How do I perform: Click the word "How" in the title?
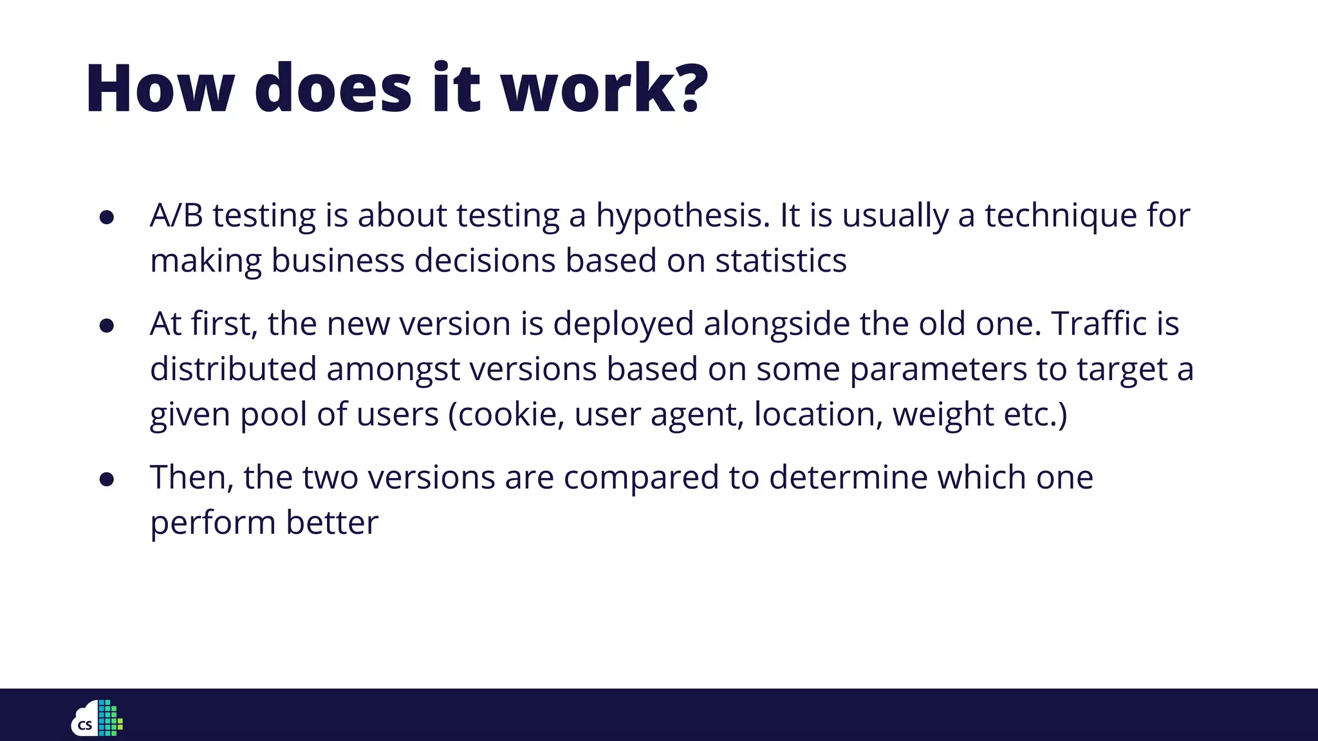click(x=160, y=89)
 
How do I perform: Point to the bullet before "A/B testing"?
click(x=107, y=217)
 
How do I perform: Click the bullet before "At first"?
click(x=107, y=326)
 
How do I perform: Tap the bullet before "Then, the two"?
click(x=107, y=479)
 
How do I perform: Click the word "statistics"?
click(x=781, y=261)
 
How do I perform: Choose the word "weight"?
click(x=943, y=415)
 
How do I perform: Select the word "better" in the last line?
click(x=332, y=522)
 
